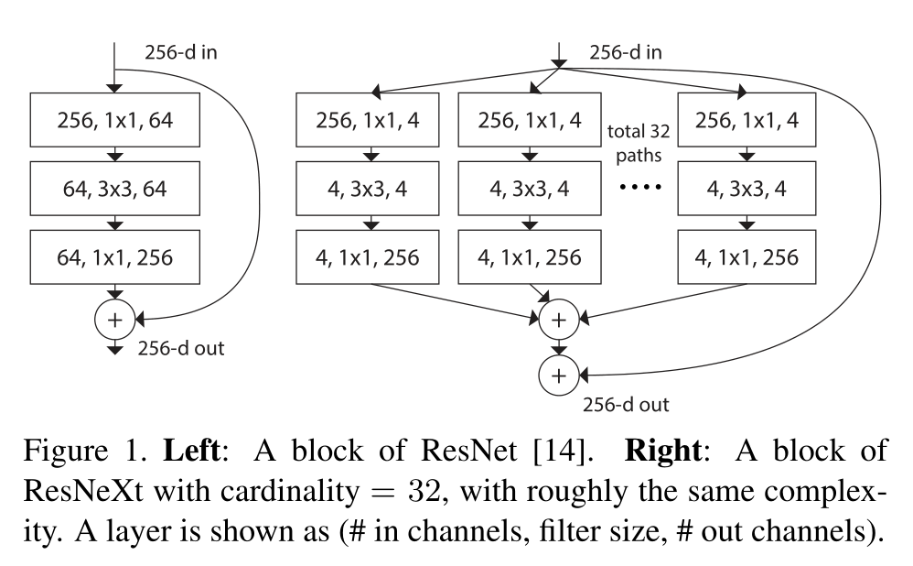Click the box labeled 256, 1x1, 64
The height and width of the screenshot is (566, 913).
click(113, 120)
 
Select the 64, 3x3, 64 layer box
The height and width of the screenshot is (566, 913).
click(113, 189)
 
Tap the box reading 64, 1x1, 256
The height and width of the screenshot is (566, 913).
click(113, 257)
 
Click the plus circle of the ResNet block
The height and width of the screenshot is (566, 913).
click(114, 319)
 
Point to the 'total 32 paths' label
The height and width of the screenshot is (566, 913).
click(639, 143)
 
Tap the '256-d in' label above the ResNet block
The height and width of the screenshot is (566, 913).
click(180, 51)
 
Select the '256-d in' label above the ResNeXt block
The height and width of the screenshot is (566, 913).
click(626, 51)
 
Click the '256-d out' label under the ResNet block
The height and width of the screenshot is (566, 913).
click(181, 348)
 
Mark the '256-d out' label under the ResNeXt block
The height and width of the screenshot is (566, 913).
click(626, 403)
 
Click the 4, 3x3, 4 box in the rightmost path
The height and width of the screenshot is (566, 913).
click(747, 189)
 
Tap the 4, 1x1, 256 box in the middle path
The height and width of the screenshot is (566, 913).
click(529, 257)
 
